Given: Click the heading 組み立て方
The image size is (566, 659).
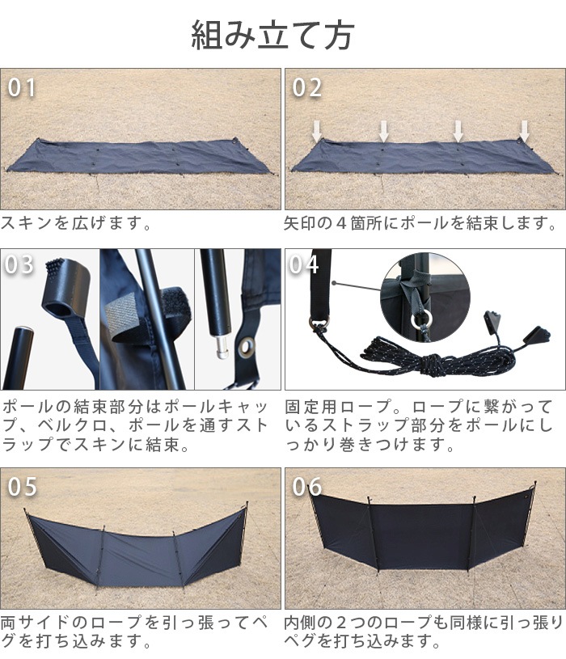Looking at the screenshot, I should (x=272, y=35).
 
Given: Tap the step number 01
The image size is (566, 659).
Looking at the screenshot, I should (x=23, y=87).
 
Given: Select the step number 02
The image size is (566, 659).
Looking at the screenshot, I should (x=306, y=87).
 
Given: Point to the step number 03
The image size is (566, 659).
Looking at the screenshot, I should (x=20, y=265).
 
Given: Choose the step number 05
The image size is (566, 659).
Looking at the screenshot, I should (x=23, y=486).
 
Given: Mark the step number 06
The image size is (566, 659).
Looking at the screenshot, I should (x=306, y=486).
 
